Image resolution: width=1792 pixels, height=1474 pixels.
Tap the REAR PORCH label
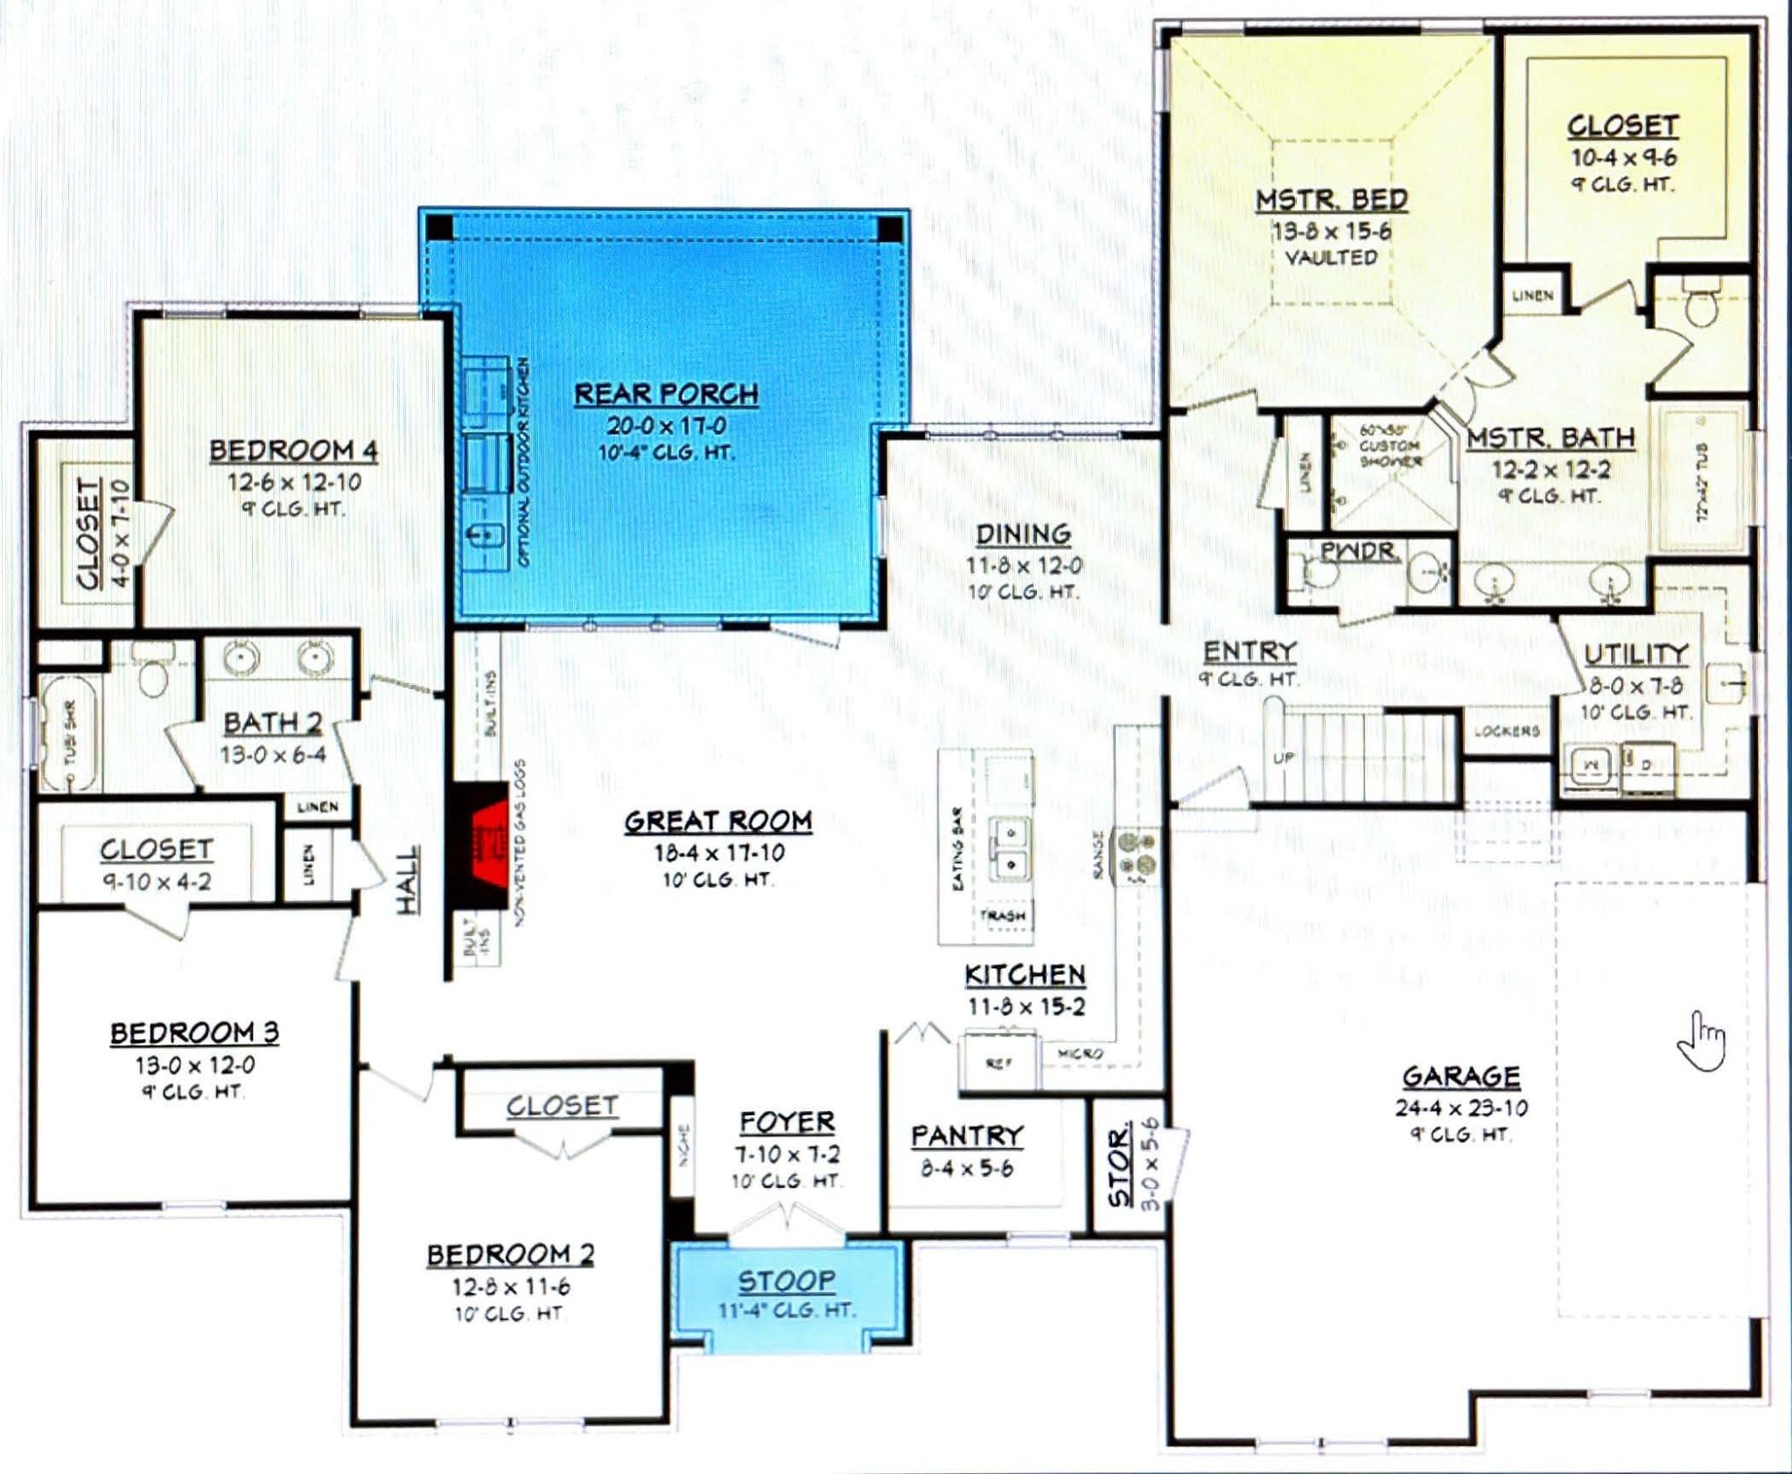coord(666,395)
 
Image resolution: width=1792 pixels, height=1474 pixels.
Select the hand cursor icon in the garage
coord(1702,1041)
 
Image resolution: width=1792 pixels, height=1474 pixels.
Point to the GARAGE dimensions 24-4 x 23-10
coord(1461,1108)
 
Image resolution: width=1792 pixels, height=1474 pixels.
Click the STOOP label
coord(786,1282)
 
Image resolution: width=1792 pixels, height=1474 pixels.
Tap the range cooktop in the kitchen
coord(1135,854)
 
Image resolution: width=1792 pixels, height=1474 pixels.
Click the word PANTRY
coord(967,1136)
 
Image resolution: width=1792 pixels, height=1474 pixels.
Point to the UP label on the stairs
coord(1283,758)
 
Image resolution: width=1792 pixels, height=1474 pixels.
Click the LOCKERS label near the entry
coord(1506,731)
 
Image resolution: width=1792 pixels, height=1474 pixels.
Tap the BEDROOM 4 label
coord(293,451)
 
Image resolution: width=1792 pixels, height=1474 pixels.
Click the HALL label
coord(408,879)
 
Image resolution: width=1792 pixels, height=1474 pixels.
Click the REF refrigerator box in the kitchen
coord(998,1063)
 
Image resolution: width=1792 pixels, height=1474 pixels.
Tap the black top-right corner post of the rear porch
coord(890,229)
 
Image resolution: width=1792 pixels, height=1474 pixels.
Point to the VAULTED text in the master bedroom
coord(1331,257)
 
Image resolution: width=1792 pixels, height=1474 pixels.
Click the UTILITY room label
coord(1635,654)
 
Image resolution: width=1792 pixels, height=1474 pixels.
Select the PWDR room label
coord(1357,552)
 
